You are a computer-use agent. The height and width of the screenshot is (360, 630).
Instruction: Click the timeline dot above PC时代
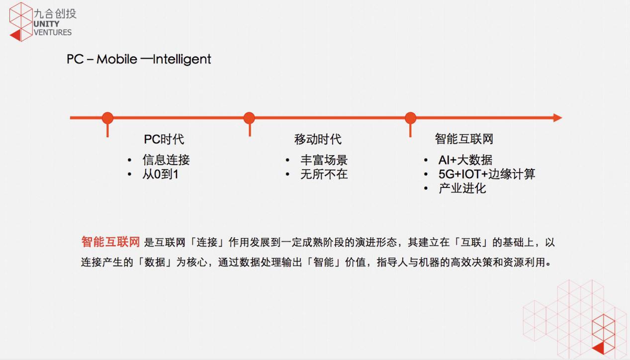click(x=107, y=118)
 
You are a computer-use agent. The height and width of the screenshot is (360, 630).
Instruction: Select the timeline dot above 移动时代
click(x=249, y=118)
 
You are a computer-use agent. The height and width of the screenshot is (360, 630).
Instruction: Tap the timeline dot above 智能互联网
click(x=410, y=118)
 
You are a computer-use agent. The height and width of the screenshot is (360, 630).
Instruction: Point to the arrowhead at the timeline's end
click(x=557, y=118)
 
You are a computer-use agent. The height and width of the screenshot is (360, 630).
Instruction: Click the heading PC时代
click(x=164, y=139)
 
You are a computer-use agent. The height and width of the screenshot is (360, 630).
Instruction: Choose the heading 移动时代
click(x=318, y=139)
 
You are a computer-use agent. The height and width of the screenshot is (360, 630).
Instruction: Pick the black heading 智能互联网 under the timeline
click(x=464, y=139)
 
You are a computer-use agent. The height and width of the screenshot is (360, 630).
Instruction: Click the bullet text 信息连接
click(x=166, y=160)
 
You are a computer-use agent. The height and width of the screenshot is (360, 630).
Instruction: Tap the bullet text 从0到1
click(x=160, y=175)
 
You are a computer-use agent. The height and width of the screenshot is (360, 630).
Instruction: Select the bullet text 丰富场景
click(x=324, y=160)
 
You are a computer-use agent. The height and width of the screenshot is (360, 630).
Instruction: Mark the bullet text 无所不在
click(x=324, y=175)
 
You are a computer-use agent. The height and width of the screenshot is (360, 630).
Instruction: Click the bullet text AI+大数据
click(x=465, y=160)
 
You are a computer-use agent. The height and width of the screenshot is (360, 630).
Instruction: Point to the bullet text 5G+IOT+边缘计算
click(x=487, y=175)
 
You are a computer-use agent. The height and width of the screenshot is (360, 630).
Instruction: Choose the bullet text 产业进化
click(x=462, y=188)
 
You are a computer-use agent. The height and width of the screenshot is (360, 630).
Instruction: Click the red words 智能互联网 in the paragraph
click(x=110, y=242)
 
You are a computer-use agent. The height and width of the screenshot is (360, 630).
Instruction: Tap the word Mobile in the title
click(x=117, y=59)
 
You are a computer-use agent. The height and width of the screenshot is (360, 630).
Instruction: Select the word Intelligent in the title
click(x=182, y=60)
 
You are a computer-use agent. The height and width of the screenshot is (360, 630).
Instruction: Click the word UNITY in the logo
click(x=46, y=24)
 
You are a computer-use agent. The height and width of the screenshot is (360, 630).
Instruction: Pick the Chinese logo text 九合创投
click(x=55, y=13)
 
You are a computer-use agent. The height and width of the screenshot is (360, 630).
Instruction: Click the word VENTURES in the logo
click(x=53, y=33)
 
